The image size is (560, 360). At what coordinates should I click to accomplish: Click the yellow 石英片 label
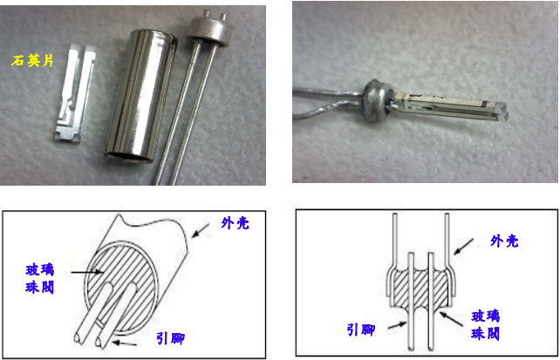point(31,60)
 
